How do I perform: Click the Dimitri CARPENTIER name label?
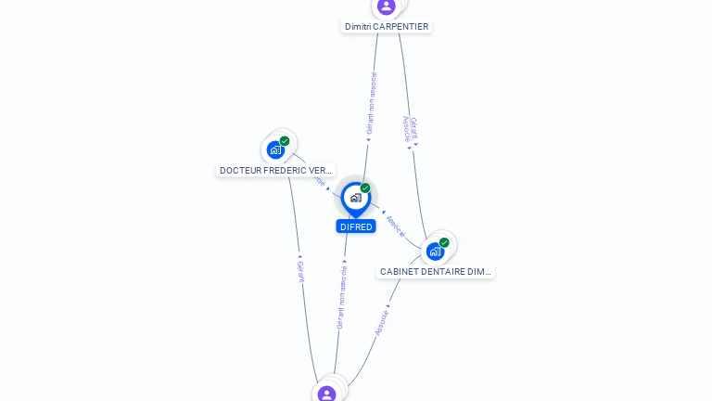click(387, 27)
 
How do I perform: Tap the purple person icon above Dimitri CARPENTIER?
click(387, 6)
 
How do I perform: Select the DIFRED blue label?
click(356, 226)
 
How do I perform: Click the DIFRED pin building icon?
click(356, 198)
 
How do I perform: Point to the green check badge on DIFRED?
click(365, 188)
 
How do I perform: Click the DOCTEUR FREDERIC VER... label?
click(275, 171)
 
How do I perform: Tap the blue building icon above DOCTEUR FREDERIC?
click(275, 149)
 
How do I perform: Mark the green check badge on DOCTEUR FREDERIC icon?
click(285, 141)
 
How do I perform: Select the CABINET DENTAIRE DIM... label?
click(436, 272)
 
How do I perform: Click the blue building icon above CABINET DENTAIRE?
click(435, 251)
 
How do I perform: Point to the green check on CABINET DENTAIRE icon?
click(444, 242)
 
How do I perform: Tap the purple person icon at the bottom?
click(326, 394)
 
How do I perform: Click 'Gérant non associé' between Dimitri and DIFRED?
click(372, 104)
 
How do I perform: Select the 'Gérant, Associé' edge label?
click(410, 129)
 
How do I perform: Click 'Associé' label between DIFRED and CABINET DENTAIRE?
click(396, 226)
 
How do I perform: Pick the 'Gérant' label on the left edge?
click(300, 270)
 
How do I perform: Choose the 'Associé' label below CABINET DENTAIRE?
click(382, 323)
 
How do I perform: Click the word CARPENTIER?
click(400, 27)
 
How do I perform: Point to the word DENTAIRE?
click(443, 272)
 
